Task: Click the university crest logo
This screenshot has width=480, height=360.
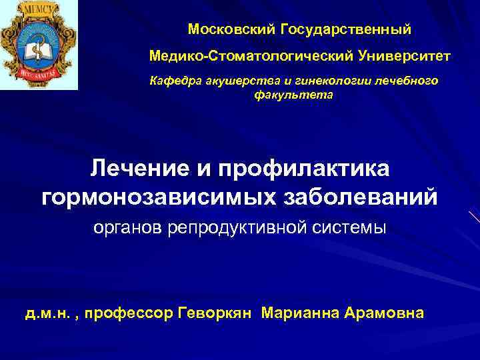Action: (x=39, y=45)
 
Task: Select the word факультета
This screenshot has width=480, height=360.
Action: (x=293, y=95)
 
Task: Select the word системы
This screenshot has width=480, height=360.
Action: (x=355, y=229)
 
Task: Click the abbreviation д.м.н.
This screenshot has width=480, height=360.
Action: (x=49, y=313)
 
